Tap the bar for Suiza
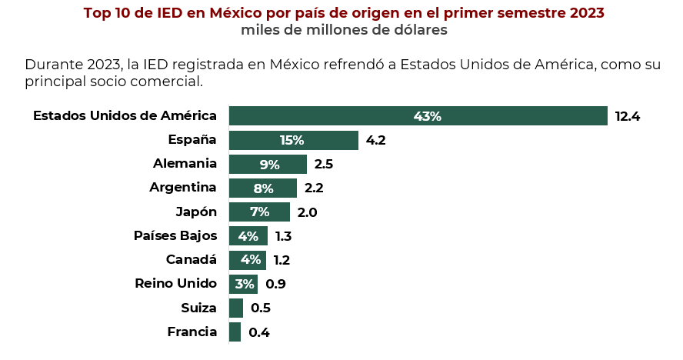tap(236, 308)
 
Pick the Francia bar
tap(235, 332)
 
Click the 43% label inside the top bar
tap(427, 116)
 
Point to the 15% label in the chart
tap(292, 140)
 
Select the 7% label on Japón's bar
tap(259, 212)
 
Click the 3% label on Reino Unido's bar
tap(245, 284)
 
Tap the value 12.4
tap(628, 117)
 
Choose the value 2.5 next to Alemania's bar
tap(323, 165)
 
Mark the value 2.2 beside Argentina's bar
tap(314, 188)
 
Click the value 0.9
tap(275, 285)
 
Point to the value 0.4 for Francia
tap(258, 332)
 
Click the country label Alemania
tap(185, 164)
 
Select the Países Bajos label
tap(175, 235)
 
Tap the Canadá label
tap(192, 260)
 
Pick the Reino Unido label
tap(175, 284)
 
